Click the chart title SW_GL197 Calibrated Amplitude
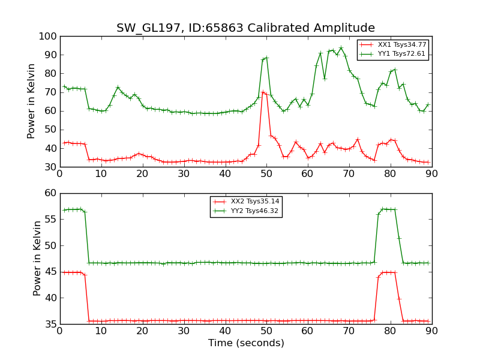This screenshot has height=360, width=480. pyautogui.click(x=245, y=28)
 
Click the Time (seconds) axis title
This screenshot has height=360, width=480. pyautogui.click(x=246, y=343)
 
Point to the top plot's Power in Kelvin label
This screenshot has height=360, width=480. pyautogui.click(x=32, y=101)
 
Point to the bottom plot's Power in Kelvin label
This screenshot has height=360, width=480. pyautogui.click(x=38, y=258)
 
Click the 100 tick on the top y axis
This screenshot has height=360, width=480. pyautogui.click(x=48, y=37)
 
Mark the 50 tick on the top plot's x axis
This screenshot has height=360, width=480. pyautogui.click(x=266, y=174)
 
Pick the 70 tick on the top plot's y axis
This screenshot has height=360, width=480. pyautogui.click(x=50, y=92)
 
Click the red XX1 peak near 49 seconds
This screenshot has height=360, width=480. pyautogui.click(x=262, y=92)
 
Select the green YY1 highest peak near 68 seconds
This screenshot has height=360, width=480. pyautogui.click(x=341, y=48)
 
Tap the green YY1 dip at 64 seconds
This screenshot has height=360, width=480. pyautogui.click(x=325, y=79)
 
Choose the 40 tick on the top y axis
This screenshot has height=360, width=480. pyautogui.click(x=50, y=149)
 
